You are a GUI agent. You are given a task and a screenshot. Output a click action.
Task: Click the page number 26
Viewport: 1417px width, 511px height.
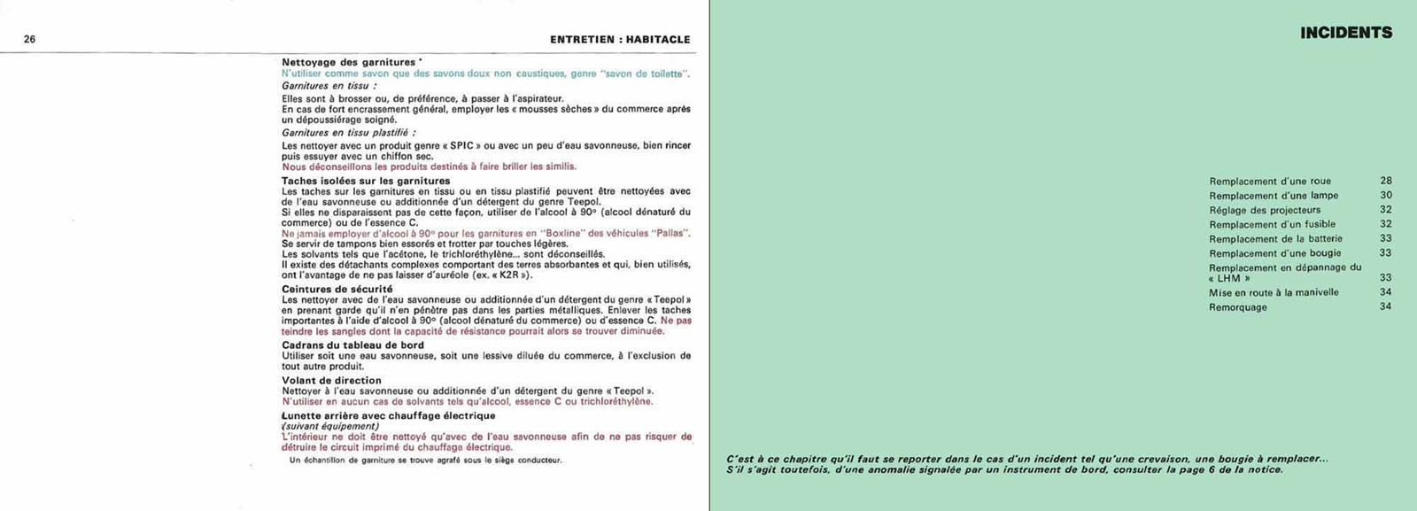tap(29, 39)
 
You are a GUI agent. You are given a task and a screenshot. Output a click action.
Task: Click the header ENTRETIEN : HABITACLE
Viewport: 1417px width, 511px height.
tap(619, 39)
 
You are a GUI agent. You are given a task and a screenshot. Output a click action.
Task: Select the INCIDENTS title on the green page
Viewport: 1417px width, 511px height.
tap(1345, 33)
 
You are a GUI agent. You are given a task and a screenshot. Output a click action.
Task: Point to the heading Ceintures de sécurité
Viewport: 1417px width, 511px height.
tap(337, 289)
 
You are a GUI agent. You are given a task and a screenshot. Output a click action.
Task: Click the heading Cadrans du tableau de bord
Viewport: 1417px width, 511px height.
tap(352, 345)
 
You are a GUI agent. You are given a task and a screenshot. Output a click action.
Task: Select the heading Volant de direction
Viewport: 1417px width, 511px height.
tap(331, 381)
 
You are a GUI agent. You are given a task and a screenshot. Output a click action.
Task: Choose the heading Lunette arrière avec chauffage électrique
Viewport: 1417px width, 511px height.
tap(388, 415)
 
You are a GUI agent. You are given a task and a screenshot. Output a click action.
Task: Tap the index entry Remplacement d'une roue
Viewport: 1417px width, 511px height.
tap(1269, 182)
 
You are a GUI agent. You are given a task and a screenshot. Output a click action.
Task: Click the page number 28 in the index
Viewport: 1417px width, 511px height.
tap(1385, 181)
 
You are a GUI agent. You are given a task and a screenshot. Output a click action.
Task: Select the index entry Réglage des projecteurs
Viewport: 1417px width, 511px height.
tap(1264, 210)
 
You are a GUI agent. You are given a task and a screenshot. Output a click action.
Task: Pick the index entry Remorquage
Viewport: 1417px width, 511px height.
tap(1237, 307)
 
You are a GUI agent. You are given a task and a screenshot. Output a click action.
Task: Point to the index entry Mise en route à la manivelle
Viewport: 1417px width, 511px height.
tap(1274, 292)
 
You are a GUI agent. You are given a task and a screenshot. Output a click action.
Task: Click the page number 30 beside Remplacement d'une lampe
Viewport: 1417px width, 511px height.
tap(1385, 195)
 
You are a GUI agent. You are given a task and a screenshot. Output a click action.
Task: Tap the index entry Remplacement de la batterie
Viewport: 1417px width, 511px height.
tap(1275, 238)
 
